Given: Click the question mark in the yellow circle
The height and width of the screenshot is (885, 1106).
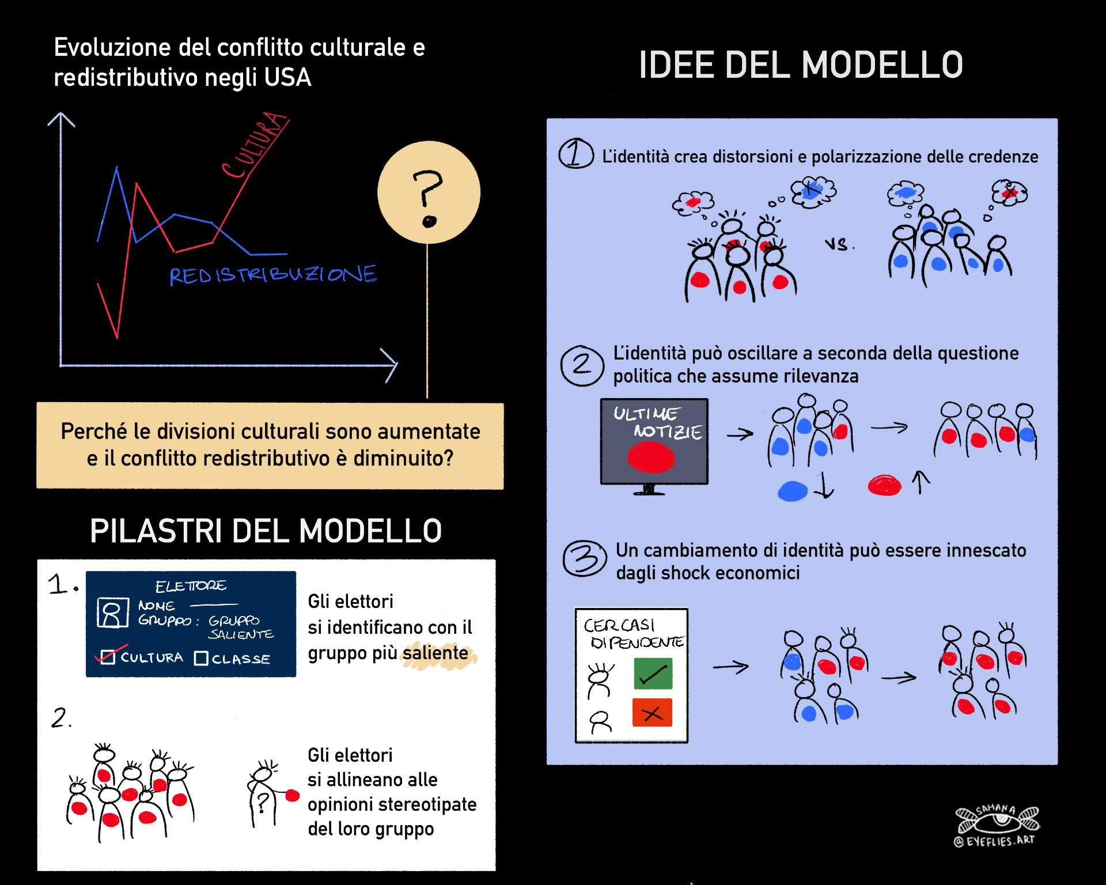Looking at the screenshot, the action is (427, 199).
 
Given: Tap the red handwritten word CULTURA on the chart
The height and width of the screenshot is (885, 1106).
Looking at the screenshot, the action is (254, 145).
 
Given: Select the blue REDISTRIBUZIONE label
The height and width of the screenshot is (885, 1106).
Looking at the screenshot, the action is (273, 275).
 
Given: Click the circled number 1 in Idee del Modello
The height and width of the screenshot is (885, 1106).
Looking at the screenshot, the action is (575, 154).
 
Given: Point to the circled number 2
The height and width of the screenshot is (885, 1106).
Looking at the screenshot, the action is (582, 365).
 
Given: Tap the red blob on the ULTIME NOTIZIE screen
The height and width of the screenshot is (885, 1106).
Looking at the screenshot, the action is (651, 458).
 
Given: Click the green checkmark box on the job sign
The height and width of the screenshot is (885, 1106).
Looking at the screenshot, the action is (653, 673).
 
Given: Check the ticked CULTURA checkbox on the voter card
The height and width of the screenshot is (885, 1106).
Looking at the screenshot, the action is (108, 657).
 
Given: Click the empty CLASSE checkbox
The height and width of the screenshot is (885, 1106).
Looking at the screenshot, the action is (201, 658).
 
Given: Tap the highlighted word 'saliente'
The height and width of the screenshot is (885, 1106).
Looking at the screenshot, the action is (435, 653).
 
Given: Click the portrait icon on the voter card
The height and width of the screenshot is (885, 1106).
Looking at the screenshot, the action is (112, 612).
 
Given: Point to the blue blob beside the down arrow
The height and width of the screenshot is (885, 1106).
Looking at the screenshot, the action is (793, 490).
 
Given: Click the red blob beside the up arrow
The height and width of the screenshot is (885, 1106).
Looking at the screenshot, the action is (884, 485).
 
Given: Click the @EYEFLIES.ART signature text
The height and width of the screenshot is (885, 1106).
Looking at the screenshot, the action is (994, 841).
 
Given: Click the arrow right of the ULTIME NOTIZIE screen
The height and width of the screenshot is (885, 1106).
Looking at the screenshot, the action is (740, 434).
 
